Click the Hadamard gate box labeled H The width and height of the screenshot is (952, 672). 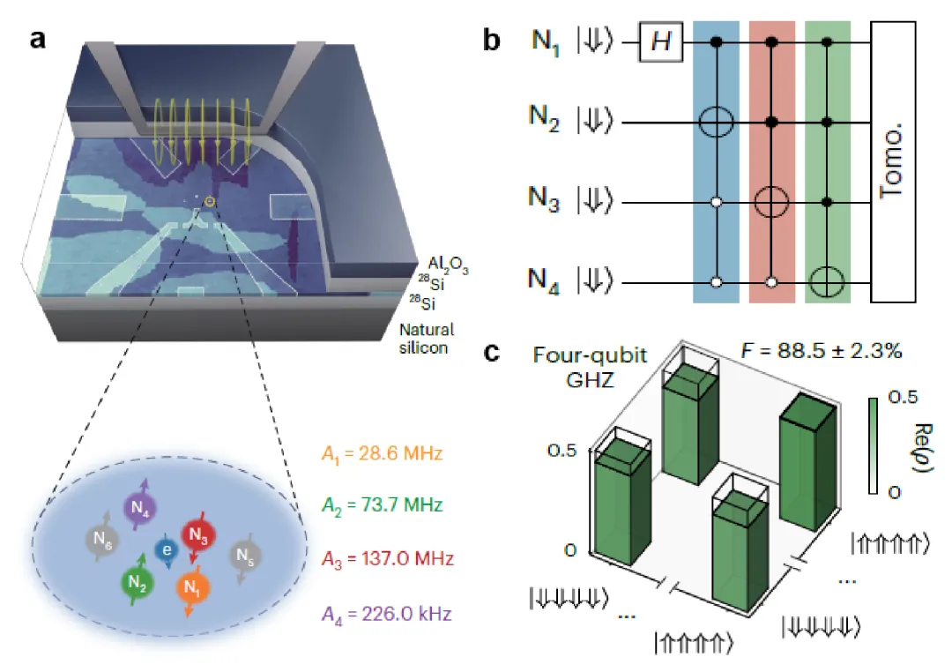[661, 41]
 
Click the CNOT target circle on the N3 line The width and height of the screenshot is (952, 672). [772, 202]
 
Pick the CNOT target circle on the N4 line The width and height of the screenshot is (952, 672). [828, 283]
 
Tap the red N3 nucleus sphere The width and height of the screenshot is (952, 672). [197, 534]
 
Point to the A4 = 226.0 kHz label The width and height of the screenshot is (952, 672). [388, 610]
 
